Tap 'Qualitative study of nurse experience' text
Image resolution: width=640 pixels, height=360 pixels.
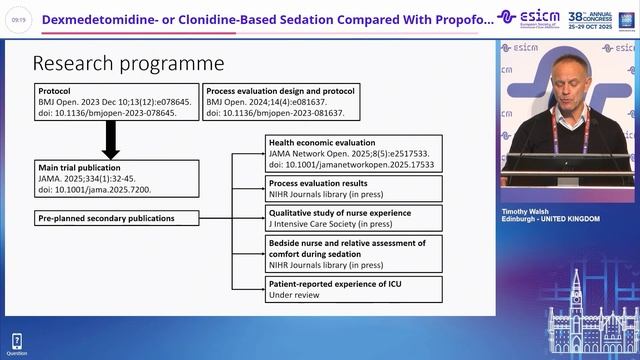pyautogui.click(x=342, y=211)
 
